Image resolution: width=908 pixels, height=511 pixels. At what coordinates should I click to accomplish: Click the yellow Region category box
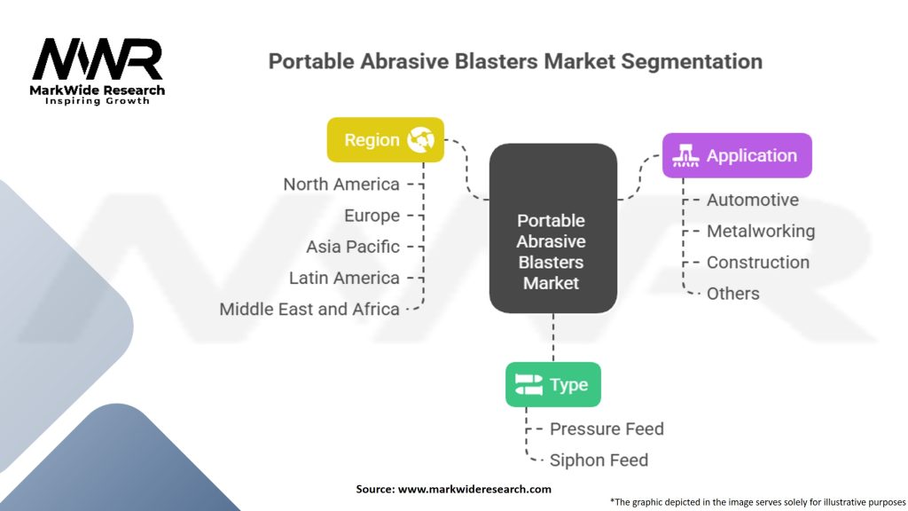pyautogui.click(x=385, y=139)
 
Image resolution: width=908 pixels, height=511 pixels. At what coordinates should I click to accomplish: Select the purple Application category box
pyautogui.click(x=736, y=155)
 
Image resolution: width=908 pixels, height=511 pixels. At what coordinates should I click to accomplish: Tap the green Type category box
pyautogui.click(x=552, y=384)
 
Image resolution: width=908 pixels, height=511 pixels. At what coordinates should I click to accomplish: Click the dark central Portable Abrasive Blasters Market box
pyautogui.click(x=552, y=229)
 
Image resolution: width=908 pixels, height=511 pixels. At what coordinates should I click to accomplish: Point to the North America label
pyautogui.click(x=341, y=184)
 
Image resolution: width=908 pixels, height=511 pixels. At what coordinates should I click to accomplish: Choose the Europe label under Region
pyautogui.click(x=372, y=216)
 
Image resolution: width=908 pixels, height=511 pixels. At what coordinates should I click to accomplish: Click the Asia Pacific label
pyautogui.click(x=353, y=247)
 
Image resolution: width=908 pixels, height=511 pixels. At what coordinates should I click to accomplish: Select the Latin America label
pyautogui.click(x=344, y=278)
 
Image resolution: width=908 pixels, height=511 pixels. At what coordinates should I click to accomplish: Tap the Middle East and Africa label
pyautogui.click(x=309, y=309)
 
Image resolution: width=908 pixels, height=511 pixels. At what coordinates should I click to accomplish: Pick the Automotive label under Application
pyautogui.click(x=752, y=200)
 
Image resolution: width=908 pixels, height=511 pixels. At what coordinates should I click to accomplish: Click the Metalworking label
pyautogui.click(x=760, y=231)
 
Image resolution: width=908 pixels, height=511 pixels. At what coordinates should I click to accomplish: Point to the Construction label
pyautogui.click(x=757, y=262)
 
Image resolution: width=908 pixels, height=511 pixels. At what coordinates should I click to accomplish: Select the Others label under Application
pyautogui.click(x=732, y=293)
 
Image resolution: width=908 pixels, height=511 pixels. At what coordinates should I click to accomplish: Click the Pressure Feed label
pyautogui.click(x=607, y=428)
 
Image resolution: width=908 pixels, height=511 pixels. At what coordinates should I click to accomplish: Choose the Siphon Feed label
pyautogui.click(x=599, y=460)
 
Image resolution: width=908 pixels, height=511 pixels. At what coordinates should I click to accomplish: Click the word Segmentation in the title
pyautogui.click(x=693, y=61)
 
